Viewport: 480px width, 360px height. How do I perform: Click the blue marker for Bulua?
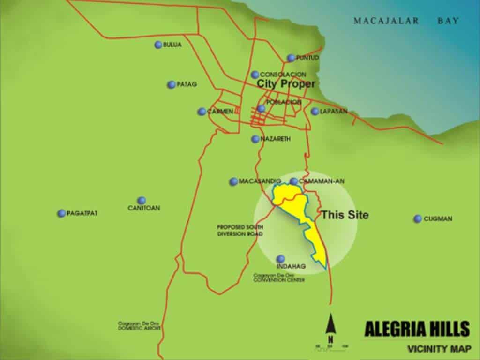[x=158, y=45]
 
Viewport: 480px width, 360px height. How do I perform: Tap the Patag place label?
[x=187, y=85]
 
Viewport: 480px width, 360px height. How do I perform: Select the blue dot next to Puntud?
[x=291, y=58]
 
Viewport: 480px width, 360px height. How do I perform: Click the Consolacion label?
[x=283, y=75]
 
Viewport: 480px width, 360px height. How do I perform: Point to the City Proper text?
[x=285, y=84]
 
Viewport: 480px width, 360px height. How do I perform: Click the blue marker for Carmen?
[x=202, y=112]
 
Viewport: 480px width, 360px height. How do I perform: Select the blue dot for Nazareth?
[x=255, y=139]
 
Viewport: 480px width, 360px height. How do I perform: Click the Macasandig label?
[x=259, y=181]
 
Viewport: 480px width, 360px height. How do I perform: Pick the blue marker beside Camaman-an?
[x=293, y=181]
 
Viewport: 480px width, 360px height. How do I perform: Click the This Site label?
[x=345, y=215]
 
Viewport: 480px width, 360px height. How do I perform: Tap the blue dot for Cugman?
[x=417, y=219]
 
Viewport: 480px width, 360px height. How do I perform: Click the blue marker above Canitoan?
[x=142, y=201]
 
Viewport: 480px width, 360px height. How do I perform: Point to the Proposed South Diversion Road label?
[x=240, y=230]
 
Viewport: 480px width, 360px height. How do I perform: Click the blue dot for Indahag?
[x=280, y=259]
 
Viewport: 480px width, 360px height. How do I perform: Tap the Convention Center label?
[x=279, y=277]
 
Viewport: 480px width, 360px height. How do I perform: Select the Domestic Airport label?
[x=139, y=326]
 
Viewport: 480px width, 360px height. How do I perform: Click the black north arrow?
[x=331, y=324]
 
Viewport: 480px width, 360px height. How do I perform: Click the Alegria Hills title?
[x=417, y=329]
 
